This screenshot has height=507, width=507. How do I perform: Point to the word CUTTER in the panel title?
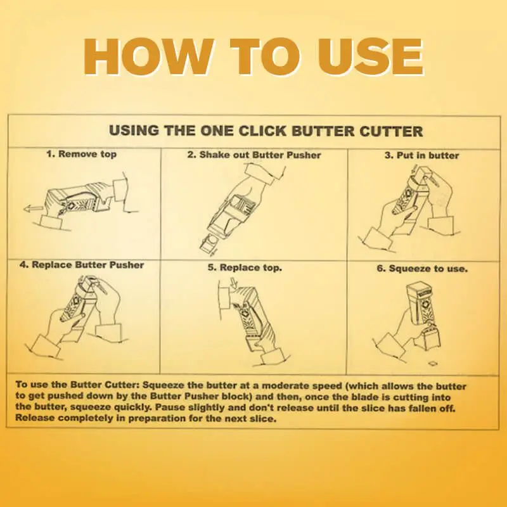pyautogui.click(x=387, y=131)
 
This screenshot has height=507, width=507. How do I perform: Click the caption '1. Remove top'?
pyautogui.click(x=81, y=154)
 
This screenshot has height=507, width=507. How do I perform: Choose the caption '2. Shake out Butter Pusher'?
pyautogui.click(x=253, y=155)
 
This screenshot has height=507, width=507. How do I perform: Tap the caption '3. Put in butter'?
pyautogui.click(x=422, y=155)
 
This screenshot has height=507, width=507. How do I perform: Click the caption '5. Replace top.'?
pyautogui.click(x=245, y=268)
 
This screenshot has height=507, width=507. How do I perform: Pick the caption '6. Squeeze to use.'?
pyautogui.click(x=422, y=269)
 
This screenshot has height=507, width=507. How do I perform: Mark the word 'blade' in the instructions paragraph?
pyautogui.click(x=394, y=396)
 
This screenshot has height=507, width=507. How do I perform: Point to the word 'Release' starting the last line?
pyautogui.click(x=35, y=419)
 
